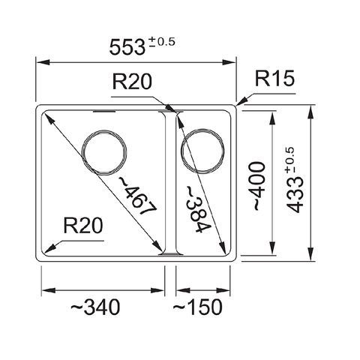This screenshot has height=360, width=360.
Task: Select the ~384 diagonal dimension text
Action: (196, 208)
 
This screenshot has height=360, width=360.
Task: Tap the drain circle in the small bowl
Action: (202, 147)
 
